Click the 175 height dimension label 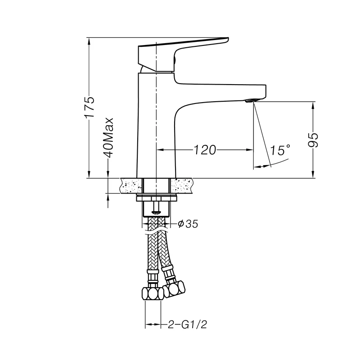(x=90, y=107)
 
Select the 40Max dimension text (x=108, y=138)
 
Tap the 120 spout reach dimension (x=205, y=150)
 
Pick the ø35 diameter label (x=188, y=224)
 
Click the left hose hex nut (x=152, y=295)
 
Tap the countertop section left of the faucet (x=130, y=185)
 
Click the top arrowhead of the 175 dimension (x=90, y=40)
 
